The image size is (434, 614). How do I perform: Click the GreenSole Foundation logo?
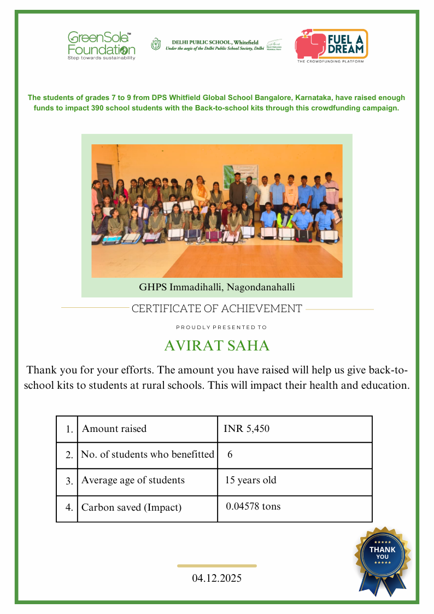101,45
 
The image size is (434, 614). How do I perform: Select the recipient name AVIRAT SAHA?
217,346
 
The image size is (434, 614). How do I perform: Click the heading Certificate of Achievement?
217,309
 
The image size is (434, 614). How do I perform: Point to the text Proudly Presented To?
221,328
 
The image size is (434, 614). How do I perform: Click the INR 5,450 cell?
247,429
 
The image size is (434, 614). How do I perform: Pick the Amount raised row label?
114,429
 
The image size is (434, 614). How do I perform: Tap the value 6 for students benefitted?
230,454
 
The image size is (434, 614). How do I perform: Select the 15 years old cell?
251,481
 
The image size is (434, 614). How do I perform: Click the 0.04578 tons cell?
253,506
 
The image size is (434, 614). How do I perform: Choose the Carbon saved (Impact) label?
131,507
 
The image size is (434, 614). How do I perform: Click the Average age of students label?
133,481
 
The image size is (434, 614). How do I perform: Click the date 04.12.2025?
216,578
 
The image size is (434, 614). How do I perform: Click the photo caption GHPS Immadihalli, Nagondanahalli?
217,286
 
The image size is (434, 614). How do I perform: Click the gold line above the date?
217,566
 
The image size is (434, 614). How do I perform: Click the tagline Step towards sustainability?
101,58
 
